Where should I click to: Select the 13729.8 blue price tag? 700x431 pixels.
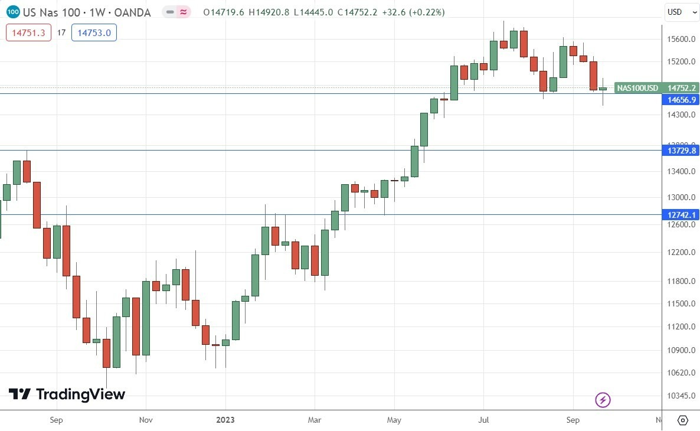(x=681, y=151)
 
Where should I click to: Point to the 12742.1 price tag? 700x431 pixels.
(x=681, y=215)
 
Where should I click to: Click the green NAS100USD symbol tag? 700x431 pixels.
(x=637, y=88)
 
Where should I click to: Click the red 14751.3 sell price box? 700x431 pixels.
(x=26, y=33)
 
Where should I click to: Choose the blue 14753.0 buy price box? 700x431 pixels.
(x=94, y=33)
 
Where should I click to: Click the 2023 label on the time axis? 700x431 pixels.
(x=225, y=420)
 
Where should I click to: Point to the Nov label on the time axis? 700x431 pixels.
(x=146, y=420)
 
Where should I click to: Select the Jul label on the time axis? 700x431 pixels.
(x=484, y=420)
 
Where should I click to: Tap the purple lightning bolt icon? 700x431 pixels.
(x=603, y=400)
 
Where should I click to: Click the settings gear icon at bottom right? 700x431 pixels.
(x=682, y=420)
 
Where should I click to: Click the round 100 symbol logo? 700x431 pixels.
(x=14, y=12)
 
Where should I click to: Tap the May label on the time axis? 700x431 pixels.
(x=394, y=420)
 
